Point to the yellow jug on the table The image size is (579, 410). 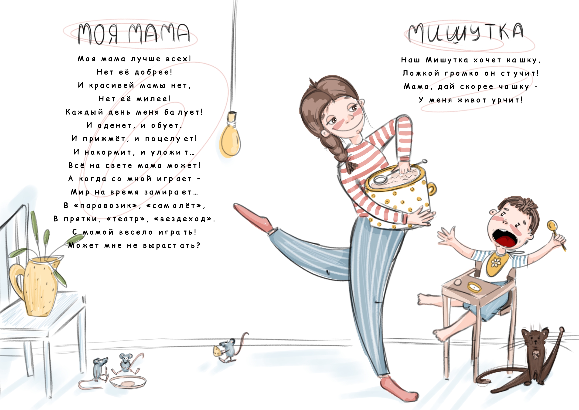point(35,285)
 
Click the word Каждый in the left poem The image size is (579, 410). point(84,112)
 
